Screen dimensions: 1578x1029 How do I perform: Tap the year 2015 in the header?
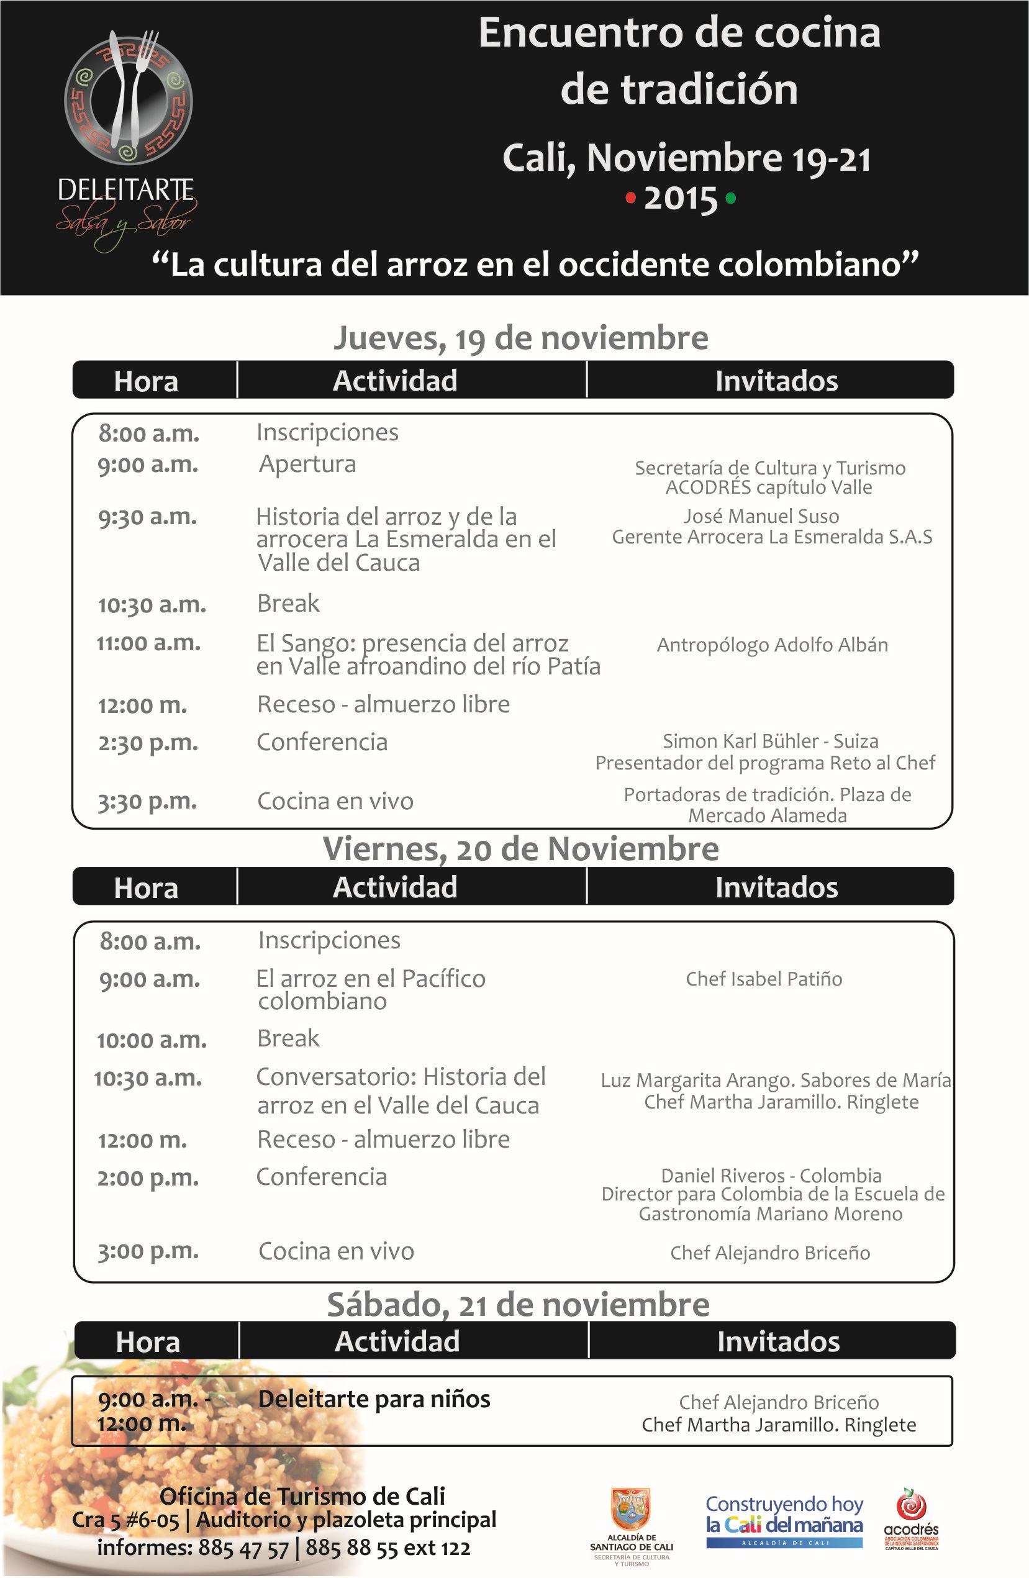[681, 199]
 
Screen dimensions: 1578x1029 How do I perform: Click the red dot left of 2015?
[630, 197]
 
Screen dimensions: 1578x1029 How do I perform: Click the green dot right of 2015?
[731, 197]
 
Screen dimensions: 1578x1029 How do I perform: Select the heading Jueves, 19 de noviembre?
[520, 337]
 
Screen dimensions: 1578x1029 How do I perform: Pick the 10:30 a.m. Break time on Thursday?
[152, 605]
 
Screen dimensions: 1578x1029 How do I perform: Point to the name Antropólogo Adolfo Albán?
[772, 645]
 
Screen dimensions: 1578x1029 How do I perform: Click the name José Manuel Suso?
[761, 516]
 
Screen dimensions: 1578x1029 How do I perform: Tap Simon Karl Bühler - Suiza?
[771, 741]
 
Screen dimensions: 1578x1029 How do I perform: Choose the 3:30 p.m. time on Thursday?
[147, 802]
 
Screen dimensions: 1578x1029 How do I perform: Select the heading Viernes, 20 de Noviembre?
[520, 850]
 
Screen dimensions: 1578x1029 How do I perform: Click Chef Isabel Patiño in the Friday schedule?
[764, 979]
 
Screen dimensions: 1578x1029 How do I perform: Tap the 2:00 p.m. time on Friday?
[147, 1178]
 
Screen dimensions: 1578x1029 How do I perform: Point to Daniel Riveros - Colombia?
[771, 1176]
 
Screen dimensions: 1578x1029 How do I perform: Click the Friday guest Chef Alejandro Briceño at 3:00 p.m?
[770, 1253]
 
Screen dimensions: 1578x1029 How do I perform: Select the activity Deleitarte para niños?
[374, 1399]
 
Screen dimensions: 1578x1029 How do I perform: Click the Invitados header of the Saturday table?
[778, 1341]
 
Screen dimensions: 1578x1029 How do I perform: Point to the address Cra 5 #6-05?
[126, 1520]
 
